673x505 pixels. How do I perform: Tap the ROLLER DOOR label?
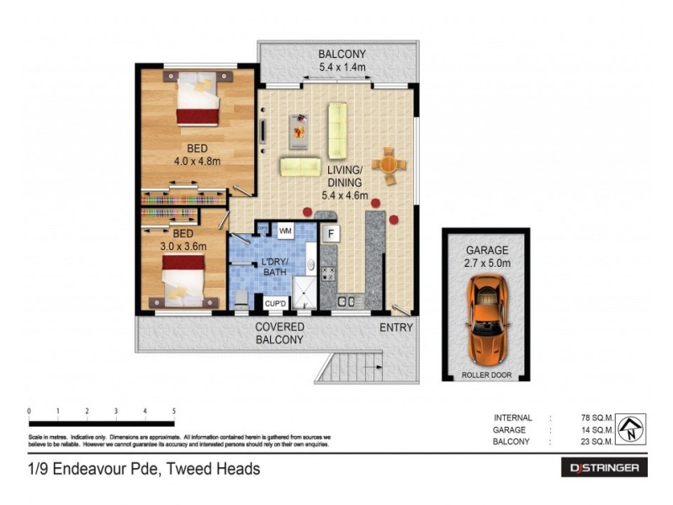[x=485, y=375]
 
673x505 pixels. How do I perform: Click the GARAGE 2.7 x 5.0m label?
[x=485, y=256]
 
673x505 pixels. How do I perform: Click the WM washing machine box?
[x=285, y=230]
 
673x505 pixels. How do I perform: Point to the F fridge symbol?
[x=331, y=231]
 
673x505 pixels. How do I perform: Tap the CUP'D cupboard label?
[x=277, y=303]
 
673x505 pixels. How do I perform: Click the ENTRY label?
[x=395, y=327]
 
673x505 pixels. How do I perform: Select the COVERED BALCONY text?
[x=279, y=333]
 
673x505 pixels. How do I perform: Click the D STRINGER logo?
[x=604, y=468]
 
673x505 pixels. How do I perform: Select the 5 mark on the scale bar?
[x=174, y=412]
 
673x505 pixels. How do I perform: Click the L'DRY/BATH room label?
[x=274, y=267]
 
